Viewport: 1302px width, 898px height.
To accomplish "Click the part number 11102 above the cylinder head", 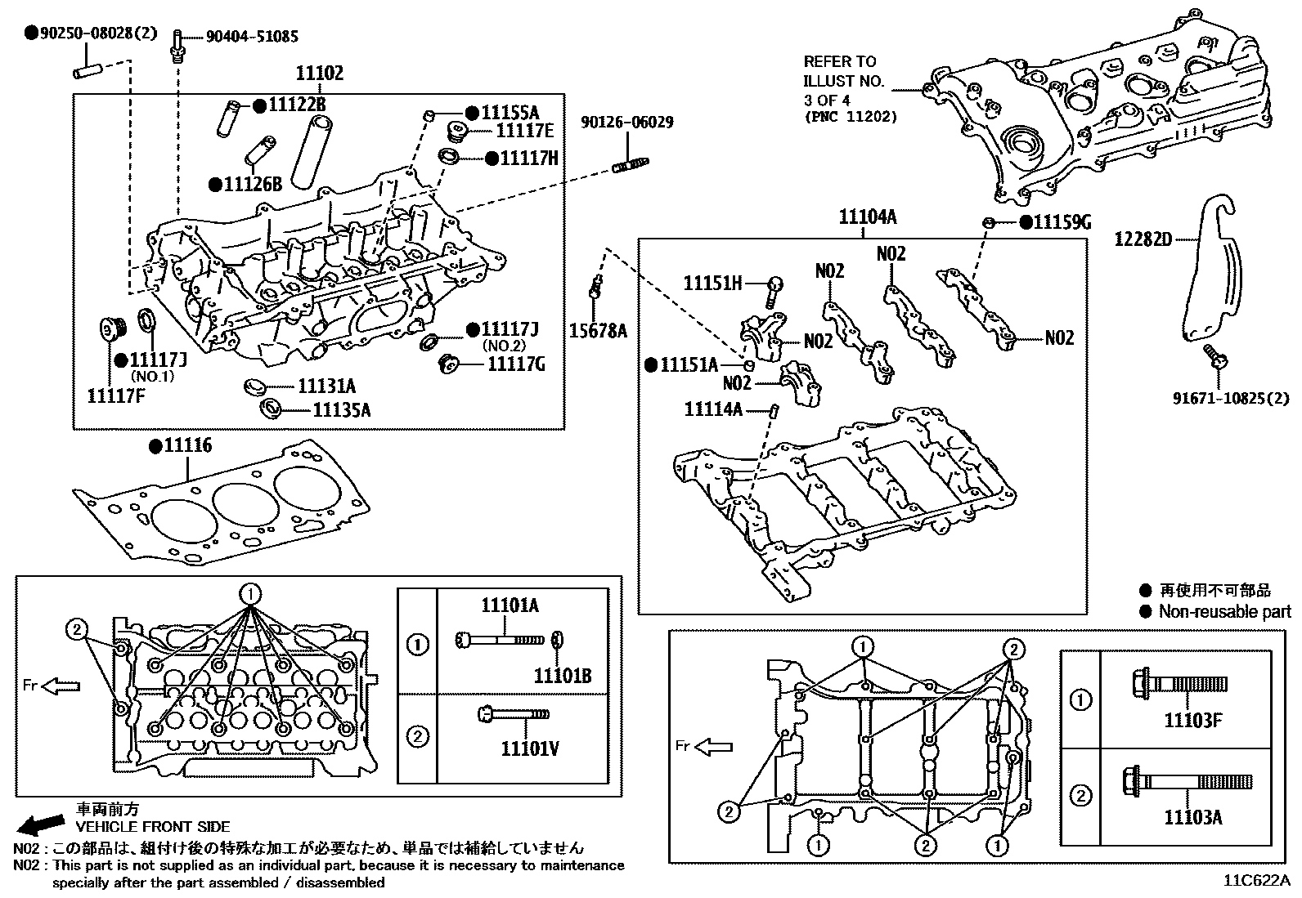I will click(x=319, y=74).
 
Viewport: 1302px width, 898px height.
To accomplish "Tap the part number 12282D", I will click(x=1143, y=239).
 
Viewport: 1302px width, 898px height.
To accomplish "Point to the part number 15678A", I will click(x=599, y=331).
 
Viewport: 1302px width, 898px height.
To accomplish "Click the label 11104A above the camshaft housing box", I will click(x=867, y=217).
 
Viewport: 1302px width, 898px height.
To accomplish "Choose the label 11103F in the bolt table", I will click(x=1193, y=721).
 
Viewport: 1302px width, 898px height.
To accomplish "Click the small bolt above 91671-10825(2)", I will click(x=1214, y=356).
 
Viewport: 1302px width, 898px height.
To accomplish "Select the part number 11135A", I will click(x=341, y=410).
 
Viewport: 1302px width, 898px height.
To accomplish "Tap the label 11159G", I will click(x=1061, y=222).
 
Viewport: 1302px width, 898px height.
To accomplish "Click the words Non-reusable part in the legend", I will click(x=1224, y=612).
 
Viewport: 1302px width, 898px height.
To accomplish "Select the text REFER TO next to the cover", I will click(x=839, y=62).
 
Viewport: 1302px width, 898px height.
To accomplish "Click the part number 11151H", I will click(x=712, y=284).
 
